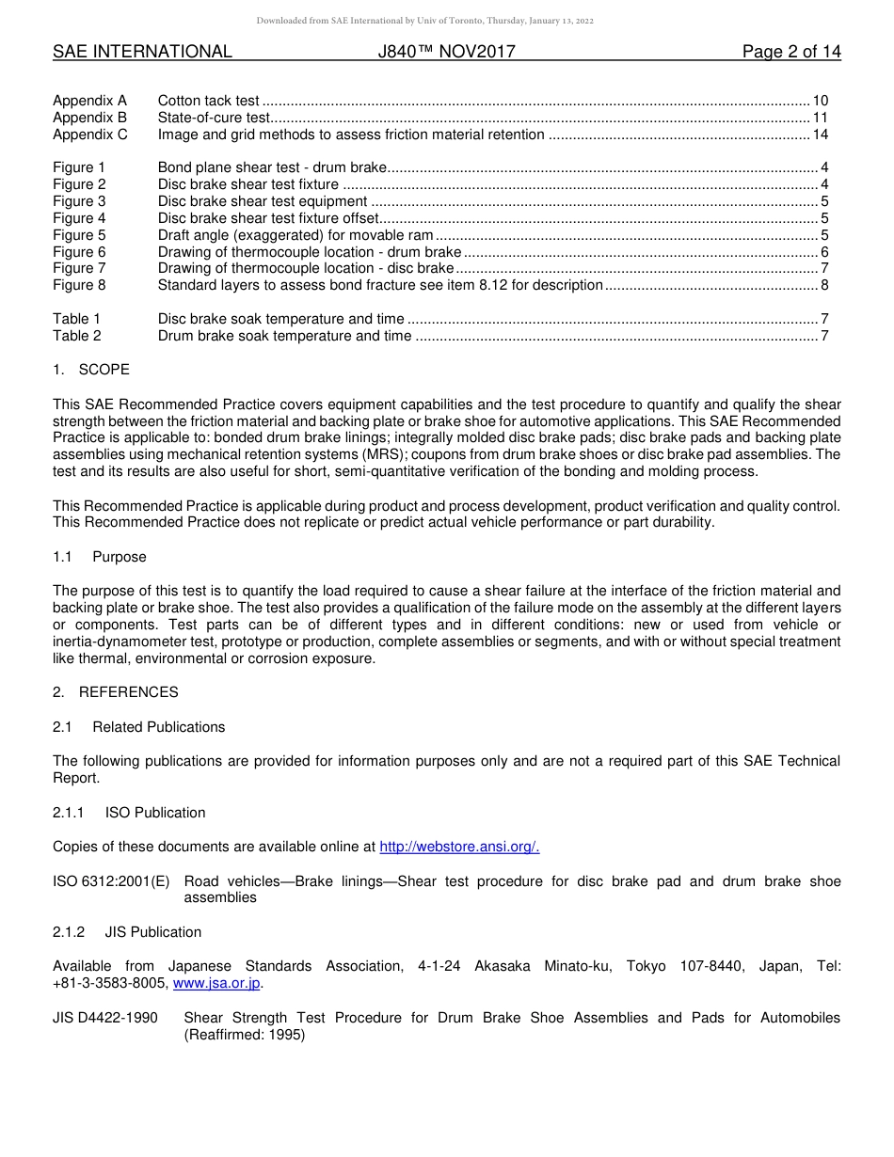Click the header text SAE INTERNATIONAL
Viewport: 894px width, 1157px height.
[x=142, y=52]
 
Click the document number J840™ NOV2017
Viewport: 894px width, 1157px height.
[x=446, y=52]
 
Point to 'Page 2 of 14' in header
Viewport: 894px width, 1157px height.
[x=791, y=52]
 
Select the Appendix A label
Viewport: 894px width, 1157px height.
[x=89, y=101]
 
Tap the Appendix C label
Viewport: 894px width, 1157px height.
[x=89, y=135]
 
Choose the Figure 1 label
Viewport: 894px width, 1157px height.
[x=79, y=167]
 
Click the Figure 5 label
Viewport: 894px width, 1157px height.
[x=79, y=235]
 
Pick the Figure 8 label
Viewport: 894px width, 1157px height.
[x=79, y=285]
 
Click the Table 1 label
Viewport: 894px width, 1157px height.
[x=76, y=319]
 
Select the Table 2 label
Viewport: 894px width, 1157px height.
[x=76, y=336]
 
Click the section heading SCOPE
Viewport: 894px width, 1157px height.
[x=104, y=370]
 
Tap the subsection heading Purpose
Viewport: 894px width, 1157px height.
[x=119, y=557]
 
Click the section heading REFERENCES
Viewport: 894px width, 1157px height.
[x=128, y=692]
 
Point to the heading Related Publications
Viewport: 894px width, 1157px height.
[x=158, y=727]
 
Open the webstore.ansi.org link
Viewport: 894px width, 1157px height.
[x=459, y=847]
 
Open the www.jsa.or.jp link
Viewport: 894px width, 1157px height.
[x=216, y=983]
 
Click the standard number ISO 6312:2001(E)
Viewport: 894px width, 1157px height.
[x=111, y=881]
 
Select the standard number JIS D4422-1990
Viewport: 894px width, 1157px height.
[x=105, y=1018]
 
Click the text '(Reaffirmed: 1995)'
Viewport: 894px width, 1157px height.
[x=245, y=1035]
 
